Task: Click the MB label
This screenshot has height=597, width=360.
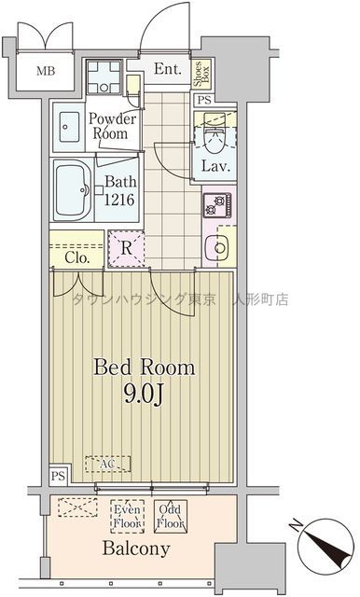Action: [x=46, y=71]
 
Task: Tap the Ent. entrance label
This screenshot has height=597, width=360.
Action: [x=168, y=69]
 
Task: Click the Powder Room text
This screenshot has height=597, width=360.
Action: [x=112, y=126]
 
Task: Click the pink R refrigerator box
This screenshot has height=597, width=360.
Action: [x=125, y=248]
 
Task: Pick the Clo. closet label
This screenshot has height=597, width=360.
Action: [x=76, y=257]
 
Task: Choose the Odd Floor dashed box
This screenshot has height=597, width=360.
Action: [x=172, y=516]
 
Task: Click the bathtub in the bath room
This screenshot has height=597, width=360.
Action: [x=72, y=184]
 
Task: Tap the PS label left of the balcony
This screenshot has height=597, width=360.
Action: [x=58, y=476]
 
